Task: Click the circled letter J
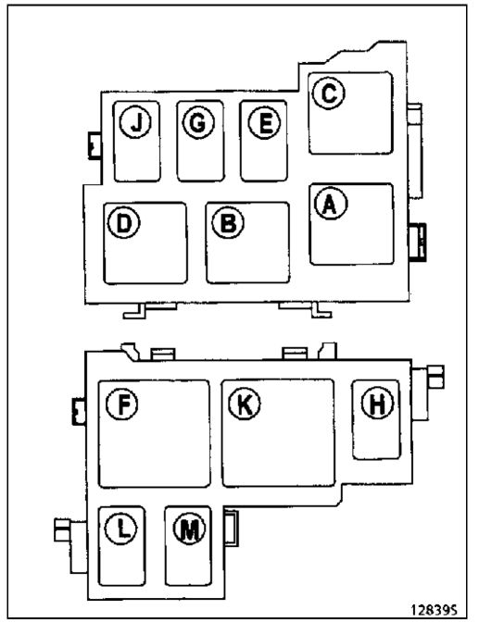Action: pyautogui.click(x=136, y=122)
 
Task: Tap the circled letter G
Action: pyautogui.click(x=198, y=123)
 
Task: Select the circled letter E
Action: pyautogui.click(x=264, y=123)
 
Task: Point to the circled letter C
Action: pyautogui.click(x=329, y=93)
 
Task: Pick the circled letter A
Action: pyautogui.click(x=331, y=204)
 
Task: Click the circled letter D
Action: pyautogui.click(x=123, y=222)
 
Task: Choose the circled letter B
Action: pyautogui.click(x=228, y=222)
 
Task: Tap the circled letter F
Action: pyautogui.click(x=121, y=404)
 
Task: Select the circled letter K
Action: pyautogui.click(x=245, y=404)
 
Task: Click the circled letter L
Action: pyautogui.click(x=120, y=528)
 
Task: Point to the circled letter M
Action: pyautogui.click(x=189, y=528)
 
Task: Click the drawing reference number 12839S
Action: pyautogui.click(x=434, y=609)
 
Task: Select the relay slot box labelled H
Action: pyautogui.click(x=376, y=419)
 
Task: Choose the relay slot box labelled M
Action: pyautogui.click(x=188, y=546)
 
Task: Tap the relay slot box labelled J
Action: pyautogui.click(x=136, y=142)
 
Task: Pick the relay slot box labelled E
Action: pyautogui.click(x=264, y=141)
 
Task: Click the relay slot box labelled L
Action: pyautogui.click(x=121, y=546)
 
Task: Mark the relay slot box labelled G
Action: pyautogui.click(x=200, y=141)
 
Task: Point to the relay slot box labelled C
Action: pyautogui.click(x=350, y=113)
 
